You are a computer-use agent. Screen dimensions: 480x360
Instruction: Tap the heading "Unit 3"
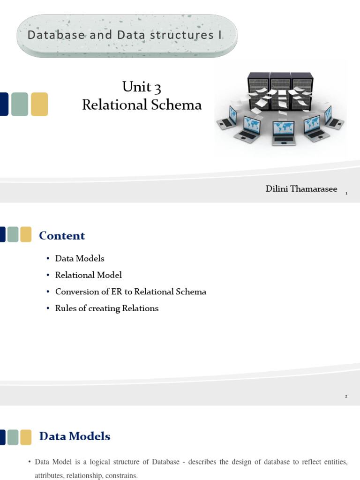click(142, 87)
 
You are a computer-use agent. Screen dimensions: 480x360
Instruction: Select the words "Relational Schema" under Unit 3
click(142, 105)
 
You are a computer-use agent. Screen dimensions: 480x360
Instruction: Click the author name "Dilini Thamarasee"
click(301, 189)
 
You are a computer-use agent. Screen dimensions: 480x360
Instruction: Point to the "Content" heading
click(62, 235)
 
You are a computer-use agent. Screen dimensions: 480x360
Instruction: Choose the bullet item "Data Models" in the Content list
click(80, 258)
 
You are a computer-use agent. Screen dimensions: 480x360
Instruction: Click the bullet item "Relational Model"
click(89, 275)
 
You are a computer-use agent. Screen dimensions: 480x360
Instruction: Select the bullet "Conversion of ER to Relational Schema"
click(131, 292)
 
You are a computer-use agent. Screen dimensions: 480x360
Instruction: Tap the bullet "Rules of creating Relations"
click(107, 308)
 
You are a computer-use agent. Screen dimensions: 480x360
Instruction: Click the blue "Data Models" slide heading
click(75, 436)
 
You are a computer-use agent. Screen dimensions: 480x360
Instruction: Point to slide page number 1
click(346, 193)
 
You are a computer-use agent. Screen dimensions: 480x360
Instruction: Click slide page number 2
click(346, 397)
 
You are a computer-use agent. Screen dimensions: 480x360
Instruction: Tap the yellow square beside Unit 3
click(39, 104)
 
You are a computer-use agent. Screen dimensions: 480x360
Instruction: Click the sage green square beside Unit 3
click(20, 104)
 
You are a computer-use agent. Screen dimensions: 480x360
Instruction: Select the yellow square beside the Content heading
click(26, 234)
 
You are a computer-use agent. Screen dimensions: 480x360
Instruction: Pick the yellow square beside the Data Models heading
click(26, 437)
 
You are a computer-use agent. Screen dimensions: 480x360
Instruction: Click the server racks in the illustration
click(281, 89)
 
